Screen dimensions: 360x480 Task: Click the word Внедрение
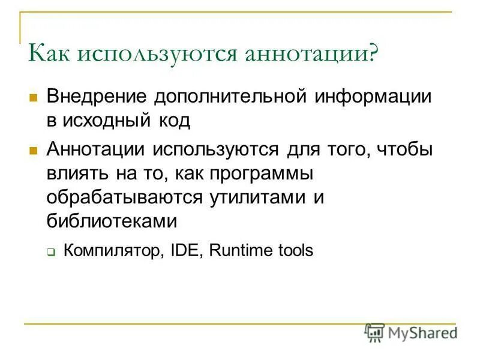(x=97, y=97)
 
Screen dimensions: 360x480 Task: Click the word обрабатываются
(x=124, y=197)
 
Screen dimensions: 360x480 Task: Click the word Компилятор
(x=111, y=250)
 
